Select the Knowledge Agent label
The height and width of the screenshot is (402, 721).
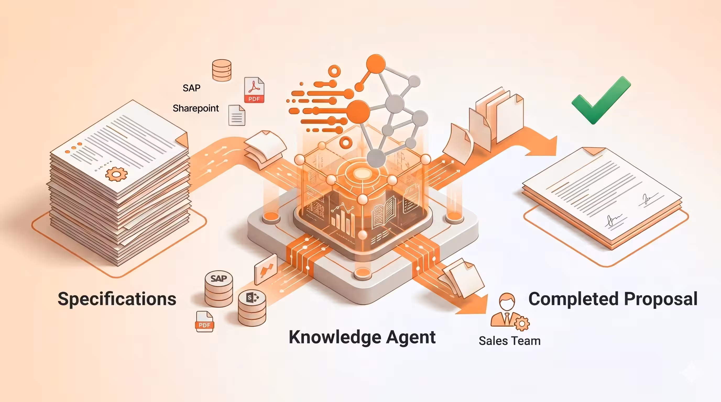362,337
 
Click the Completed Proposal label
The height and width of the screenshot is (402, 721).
613,299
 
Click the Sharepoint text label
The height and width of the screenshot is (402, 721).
196,108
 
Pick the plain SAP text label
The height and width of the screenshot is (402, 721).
192,88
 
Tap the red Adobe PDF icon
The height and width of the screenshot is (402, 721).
254,90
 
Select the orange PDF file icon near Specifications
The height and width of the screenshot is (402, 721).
205,321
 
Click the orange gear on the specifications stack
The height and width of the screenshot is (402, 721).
116,174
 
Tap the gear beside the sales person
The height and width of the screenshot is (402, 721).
521,324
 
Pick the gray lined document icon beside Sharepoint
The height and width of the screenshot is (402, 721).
237,115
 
